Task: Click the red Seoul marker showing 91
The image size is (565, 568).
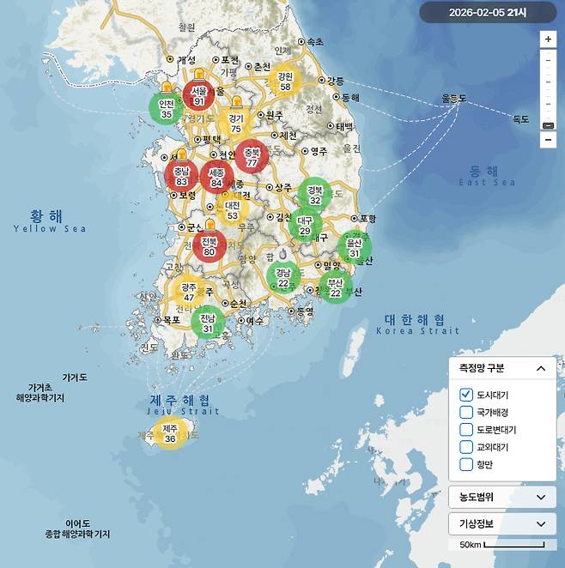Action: [199, 95]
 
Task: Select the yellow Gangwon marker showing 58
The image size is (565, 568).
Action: [285, 81]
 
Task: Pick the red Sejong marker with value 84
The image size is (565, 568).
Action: [216, 178]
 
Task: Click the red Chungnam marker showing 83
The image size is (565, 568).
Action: [181, 177]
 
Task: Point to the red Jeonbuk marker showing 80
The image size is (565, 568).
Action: [210, 247]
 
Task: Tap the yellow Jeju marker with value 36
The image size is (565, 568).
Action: [170, 433]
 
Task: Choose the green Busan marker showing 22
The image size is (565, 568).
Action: [335, 287]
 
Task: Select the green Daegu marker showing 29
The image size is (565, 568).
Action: [305, 226]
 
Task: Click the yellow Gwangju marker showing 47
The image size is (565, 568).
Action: [189, 292]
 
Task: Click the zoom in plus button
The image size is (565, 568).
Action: [548, 39]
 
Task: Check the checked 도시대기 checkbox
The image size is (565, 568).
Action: [467, 395]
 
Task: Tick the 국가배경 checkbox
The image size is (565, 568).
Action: [467, 412]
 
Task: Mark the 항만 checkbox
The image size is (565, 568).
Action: [467, 464]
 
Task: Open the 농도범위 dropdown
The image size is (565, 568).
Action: [501, 497]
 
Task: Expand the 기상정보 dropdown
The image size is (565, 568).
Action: [501, 523]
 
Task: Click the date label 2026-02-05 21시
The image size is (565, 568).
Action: [488, 12]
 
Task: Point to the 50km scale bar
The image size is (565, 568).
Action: [513, 545]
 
